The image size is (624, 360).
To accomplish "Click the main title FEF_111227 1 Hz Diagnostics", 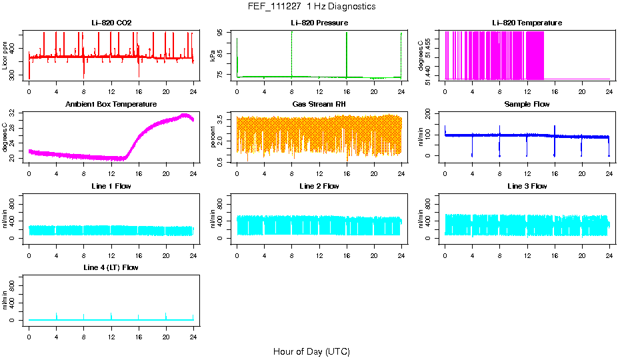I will point(311,6).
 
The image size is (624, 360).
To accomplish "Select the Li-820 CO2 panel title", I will point(111,23).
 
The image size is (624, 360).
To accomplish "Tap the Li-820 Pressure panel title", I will point(319,23).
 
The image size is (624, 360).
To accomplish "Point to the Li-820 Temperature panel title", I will point(527,23).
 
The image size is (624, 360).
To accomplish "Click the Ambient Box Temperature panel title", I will point(111,104).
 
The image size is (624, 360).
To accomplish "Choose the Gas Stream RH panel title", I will point(319,104).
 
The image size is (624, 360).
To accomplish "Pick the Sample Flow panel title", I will point(527,104).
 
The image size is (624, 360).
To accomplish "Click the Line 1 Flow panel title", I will point(111,186).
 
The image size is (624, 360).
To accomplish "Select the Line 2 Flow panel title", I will point(319,186).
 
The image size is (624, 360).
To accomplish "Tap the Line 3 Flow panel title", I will point(527,186).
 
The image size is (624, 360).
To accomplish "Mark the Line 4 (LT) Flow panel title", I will point(111,267).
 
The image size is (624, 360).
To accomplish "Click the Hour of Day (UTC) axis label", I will point(311,351).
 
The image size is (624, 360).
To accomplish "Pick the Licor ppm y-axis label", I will point(6,56).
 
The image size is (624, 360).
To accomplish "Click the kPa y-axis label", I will point(213,56).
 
